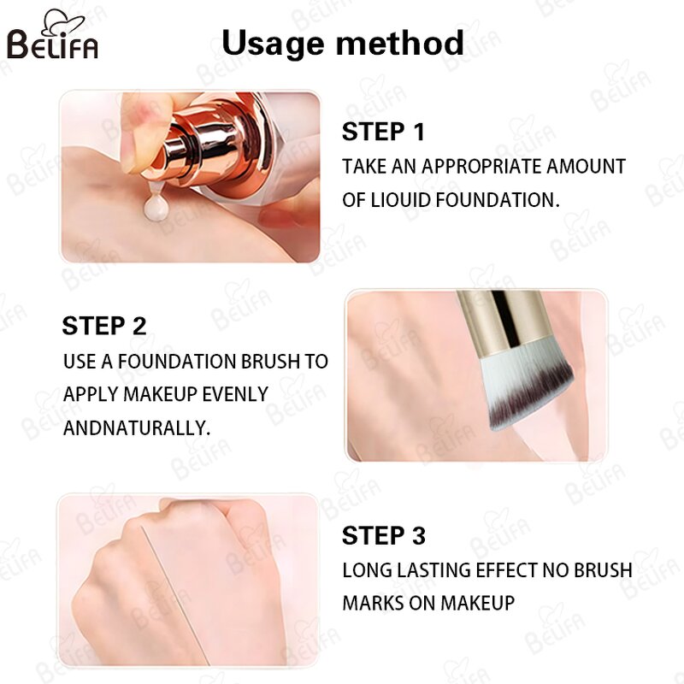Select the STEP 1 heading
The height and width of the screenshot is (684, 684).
tap(383, 133)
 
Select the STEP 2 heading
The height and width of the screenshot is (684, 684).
tap(104, 326)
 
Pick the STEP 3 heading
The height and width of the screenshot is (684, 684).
tap(383, 536)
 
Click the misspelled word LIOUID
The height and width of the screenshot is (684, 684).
tap(404, 200)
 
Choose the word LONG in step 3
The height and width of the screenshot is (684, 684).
tap(365, 569)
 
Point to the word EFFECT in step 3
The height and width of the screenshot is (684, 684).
tap(496, 569)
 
